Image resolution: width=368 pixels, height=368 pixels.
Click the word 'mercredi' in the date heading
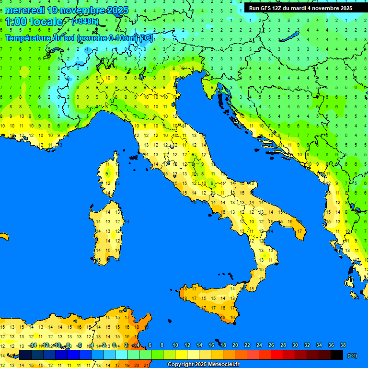(x=25, y=10)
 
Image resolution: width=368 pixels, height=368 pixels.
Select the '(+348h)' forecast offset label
(x=85, y=21)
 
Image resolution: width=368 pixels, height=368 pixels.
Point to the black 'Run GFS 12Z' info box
(x=300, y=8)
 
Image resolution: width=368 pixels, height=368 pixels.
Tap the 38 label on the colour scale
(x=343, y=345)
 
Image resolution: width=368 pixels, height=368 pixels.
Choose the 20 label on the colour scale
(x=235, y=345)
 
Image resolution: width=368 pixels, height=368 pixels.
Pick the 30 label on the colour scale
(x=295, y=345)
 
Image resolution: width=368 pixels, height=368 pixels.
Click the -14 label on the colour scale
(x=33, y=345)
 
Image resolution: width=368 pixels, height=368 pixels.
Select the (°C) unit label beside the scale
(x=352, y=356)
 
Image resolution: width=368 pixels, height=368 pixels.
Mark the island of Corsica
(x=110, y=175)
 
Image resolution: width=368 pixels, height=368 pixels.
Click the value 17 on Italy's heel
(x=299, y=231)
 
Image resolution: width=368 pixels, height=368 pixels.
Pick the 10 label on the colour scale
(x=175, y=345)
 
